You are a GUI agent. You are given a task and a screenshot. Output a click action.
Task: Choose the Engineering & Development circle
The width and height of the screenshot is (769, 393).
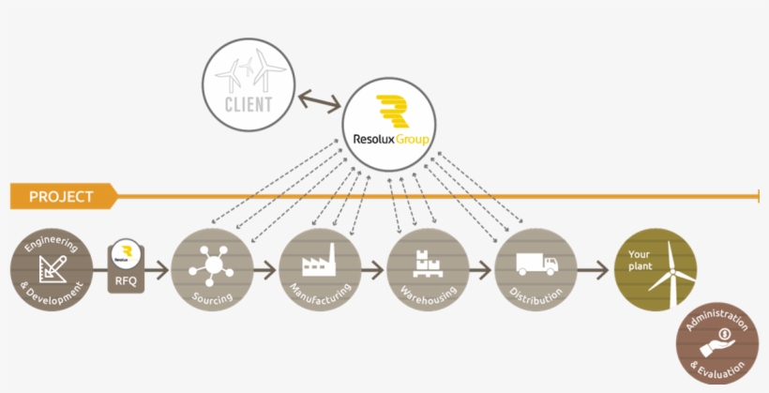53,269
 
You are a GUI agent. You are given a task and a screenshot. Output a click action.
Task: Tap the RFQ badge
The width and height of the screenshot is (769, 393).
127,265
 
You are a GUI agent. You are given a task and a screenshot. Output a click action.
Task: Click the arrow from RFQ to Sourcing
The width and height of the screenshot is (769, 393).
159,270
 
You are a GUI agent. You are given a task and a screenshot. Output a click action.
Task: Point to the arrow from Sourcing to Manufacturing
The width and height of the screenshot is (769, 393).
266,270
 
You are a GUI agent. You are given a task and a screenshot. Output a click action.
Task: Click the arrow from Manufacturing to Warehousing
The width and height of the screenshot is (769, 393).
373,270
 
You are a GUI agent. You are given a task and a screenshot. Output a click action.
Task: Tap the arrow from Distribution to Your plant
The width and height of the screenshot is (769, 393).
592,270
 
